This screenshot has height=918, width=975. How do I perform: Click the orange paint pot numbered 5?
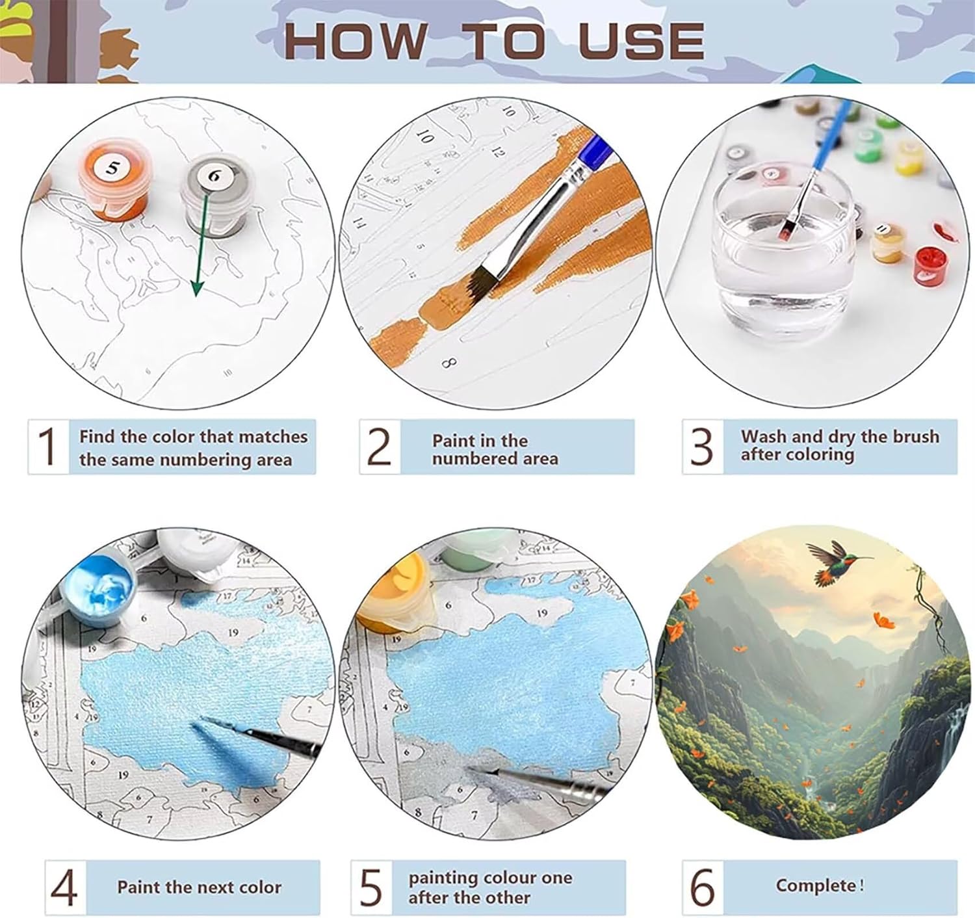114,180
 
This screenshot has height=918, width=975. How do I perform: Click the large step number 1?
47,446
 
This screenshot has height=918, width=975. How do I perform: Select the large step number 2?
380,447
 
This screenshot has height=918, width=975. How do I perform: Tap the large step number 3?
701,447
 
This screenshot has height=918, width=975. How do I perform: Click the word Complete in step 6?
816,885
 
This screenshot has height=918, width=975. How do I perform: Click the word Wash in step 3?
765,436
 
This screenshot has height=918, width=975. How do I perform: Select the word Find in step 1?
97,436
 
